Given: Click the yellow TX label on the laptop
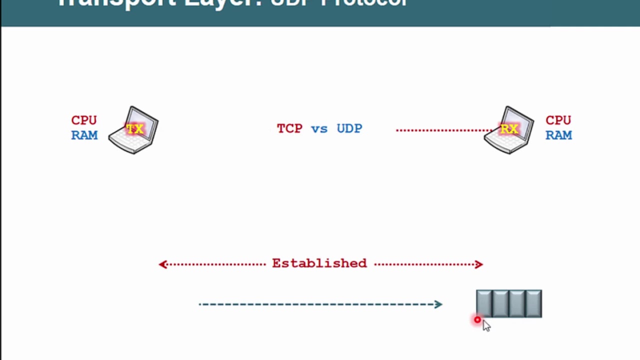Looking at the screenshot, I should tap(134, 129).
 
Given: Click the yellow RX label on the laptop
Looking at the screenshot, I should tap(509, 129).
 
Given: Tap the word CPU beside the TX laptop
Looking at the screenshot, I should tap(84, 120).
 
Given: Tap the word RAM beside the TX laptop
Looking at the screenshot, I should tap(84, 135).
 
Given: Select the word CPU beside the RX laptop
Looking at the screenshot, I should tap(558, 120).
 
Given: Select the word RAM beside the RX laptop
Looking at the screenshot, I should tap(558, 135).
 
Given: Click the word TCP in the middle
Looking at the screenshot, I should tap(289, 128).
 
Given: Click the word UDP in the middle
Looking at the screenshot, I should tap(349, 128).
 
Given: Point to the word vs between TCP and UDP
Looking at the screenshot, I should tap(319, 129).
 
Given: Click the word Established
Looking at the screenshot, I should tap(319, 263).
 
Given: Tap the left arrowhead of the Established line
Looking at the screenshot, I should tap(162, 264).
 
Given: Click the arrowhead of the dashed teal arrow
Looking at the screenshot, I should tap(438, 304).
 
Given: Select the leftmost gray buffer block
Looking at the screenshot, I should tap(484, 303).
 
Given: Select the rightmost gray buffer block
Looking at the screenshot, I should tap(533, 303).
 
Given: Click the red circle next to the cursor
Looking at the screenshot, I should tap(477, 320).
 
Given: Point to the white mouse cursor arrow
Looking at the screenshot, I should tap(486, 326).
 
